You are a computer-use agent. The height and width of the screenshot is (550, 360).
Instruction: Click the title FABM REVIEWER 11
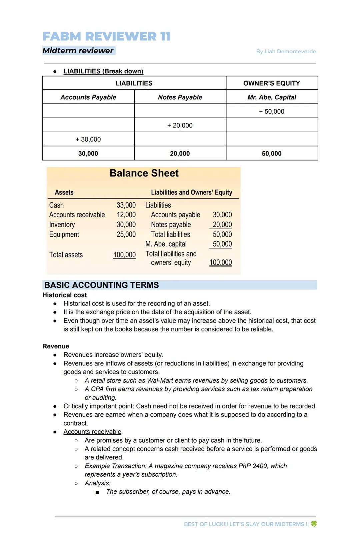click(x=106, y=36)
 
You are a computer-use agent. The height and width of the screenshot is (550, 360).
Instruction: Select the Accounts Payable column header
click(x=88, y=97)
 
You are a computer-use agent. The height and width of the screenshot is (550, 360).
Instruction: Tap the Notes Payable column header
click(x=180, y=97)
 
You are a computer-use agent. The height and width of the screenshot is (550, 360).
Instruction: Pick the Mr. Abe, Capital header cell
click(x=272, y=97)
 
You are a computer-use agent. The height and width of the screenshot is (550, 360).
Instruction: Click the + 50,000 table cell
click(x=272, y=112)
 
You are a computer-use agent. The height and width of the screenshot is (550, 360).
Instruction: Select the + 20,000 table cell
click(x=180, y=126)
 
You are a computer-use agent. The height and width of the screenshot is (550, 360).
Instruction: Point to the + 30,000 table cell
click(x=88, y=140)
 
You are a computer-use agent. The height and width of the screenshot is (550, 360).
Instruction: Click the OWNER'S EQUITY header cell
click(x=272, y=83)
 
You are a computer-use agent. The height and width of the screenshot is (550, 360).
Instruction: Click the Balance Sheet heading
click(x=144, y=173)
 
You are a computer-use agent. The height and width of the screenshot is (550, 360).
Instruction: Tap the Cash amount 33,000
click(x=126, y=205)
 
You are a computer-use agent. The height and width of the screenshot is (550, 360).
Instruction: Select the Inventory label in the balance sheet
click(x=62, y=225)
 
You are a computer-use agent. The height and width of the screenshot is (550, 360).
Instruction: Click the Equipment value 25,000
click(x=126, y=235)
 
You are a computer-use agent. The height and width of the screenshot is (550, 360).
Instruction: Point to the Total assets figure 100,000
click(x=124, y=255)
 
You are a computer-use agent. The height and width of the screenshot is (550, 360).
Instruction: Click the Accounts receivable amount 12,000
click(x=126, y=215)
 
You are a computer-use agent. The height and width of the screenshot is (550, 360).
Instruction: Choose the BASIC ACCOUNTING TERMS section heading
click(x=102, y=285)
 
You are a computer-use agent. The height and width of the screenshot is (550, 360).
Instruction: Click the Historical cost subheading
click(x=65, y=295)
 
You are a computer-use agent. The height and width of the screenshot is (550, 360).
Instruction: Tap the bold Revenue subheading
click(x=56, y=346)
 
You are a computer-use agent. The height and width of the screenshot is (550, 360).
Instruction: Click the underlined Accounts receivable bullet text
click(x=92, y=432)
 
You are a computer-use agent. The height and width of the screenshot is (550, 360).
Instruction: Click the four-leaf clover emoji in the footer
click(x=314, y=524)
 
